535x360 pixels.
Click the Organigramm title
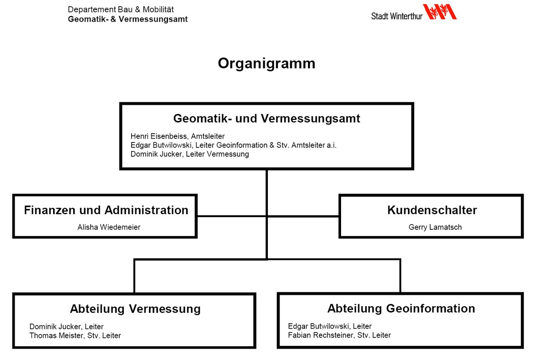(x=267, y=64)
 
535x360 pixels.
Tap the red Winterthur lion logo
(x=440, y=12)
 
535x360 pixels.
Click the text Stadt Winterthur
(x=397, y=16)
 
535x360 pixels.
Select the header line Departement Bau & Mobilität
(x=121, y=10)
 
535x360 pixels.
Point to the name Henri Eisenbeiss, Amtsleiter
(x=178, y=136)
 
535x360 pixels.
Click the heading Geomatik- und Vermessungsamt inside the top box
(x=267, y=119)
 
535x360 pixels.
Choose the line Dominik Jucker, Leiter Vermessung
(x=190, y=154)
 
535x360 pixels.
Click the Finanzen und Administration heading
(x=106, y=210)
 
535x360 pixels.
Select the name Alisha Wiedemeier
(x=109, y=227)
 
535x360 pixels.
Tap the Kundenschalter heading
(x=432, y=210)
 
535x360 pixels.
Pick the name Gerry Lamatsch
(x=435, y=227)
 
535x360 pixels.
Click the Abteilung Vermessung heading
(x=135, y=309)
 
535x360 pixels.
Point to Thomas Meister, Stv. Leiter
(x=75, y=335)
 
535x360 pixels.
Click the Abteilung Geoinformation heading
(x=401, y=309)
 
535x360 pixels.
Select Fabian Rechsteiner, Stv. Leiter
(x=339, y=335)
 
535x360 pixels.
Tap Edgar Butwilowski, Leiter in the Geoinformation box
(x=330, y=326)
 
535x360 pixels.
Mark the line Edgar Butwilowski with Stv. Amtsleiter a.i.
(x=233, y=145)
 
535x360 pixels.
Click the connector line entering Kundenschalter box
(x=303, y=216)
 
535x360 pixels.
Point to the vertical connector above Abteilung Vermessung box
(x=134, y=276)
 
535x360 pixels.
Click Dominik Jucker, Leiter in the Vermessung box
(x=66, y=326)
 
